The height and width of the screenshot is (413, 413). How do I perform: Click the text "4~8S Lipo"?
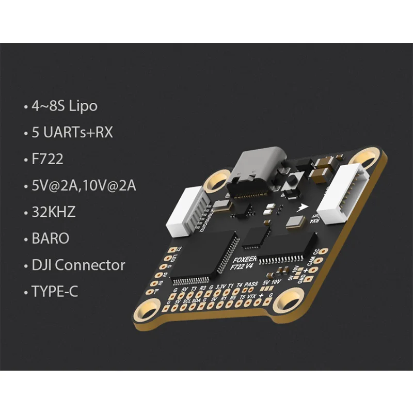tap(64, 106)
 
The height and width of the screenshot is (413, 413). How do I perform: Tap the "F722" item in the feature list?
tap(47, 159)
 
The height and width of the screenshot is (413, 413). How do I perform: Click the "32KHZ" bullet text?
tap(54, 212)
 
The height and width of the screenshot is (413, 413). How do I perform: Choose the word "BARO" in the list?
tap(50, 239)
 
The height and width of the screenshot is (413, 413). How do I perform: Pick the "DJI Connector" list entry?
tap(78, 265)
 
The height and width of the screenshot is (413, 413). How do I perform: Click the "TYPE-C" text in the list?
tap(55, 292)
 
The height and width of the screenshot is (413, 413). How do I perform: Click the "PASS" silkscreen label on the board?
tap(251, 284)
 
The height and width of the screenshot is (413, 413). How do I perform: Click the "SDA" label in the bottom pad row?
tap(197, 300)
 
